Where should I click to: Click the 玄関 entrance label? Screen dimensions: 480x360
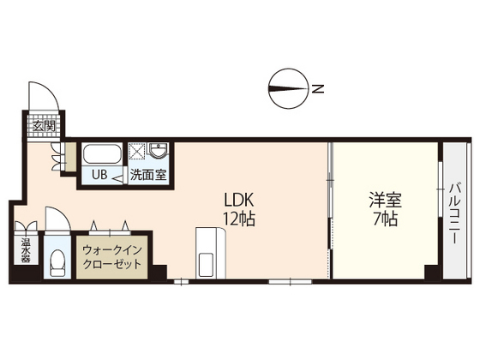coord(45,126)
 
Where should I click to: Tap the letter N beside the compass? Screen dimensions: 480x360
coord(318,89)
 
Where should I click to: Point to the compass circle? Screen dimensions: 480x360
coord(288,88)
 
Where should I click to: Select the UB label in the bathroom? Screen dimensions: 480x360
coord(99,175)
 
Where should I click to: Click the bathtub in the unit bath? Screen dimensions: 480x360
coord(102,154)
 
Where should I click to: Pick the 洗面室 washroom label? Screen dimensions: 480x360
coord(148,175)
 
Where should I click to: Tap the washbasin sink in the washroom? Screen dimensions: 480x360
coord(158,151)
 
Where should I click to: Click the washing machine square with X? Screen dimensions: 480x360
coord(137,151)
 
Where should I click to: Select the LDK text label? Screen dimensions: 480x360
coord(239,201)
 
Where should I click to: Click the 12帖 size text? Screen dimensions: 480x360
coord(239,219)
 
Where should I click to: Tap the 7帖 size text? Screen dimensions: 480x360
coord(385,219)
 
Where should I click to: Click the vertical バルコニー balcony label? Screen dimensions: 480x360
coord(454,213)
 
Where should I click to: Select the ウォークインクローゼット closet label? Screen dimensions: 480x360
coord(112,257)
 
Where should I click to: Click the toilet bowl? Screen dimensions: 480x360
coord(57,262)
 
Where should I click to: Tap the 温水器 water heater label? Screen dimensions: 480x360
coord(26,250)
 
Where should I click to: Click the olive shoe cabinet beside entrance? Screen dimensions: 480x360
coord(70,157)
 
